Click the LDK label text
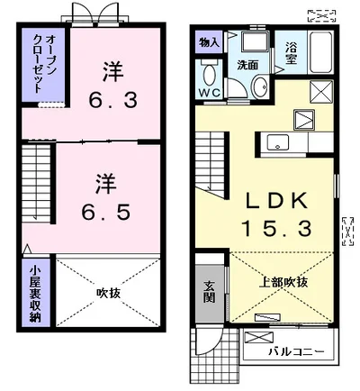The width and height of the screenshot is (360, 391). (276, 200)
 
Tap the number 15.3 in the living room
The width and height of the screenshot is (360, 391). (276, 228)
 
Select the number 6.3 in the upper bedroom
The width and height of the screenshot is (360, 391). (112, 99)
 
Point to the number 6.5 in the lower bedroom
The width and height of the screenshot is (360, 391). (106, 212)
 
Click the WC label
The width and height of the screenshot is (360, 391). (210, 93)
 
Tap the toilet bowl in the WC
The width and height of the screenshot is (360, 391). (209, 75)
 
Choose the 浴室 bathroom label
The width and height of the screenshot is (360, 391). (291, 53)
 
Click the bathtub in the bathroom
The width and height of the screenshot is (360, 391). (320, 51)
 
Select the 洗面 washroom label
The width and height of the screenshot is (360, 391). (247, 65)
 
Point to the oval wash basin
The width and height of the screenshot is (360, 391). (259, 86)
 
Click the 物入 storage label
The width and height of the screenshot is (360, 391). (209, 42)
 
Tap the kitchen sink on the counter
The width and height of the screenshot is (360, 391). (278, 142)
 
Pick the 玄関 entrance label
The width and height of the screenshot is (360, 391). (209, 292)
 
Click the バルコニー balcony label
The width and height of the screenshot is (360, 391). (296, 351)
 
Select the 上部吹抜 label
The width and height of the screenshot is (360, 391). (283, 282)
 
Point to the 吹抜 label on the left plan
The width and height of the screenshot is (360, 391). (108, 293)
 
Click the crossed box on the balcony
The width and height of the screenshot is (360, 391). (259, 337)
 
